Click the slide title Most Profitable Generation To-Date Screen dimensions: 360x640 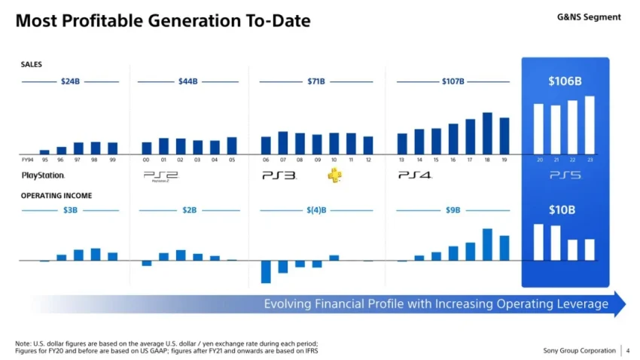point(162,21)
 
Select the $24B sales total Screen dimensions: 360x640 point(70,81)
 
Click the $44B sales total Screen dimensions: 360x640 point(188,81)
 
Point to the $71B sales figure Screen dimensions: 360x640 point(316,81)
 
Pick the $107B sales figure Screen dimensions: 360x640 point(453,81)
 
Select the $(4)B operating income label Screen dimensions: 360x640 point(316,210)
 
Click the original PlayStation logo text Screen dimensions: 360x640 point(44,175)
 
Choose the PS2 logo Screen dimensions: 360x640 point(160,176)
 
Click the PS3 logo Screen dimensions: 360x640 point(279,175)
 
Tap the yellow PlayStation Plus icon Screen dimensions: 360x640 point(334,175)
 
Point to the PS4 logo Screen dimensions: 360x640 point(415,175)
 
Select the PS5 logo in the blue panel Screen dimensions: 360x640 point(565,175)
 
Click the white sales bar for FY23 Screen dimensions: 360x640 point(590,125)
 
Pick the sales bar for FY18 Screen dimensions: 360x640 point(487,133)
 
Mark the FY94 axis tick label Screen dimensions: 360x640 point(27,160)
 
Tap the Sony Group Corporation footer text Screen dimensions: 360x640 point(578,350)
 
